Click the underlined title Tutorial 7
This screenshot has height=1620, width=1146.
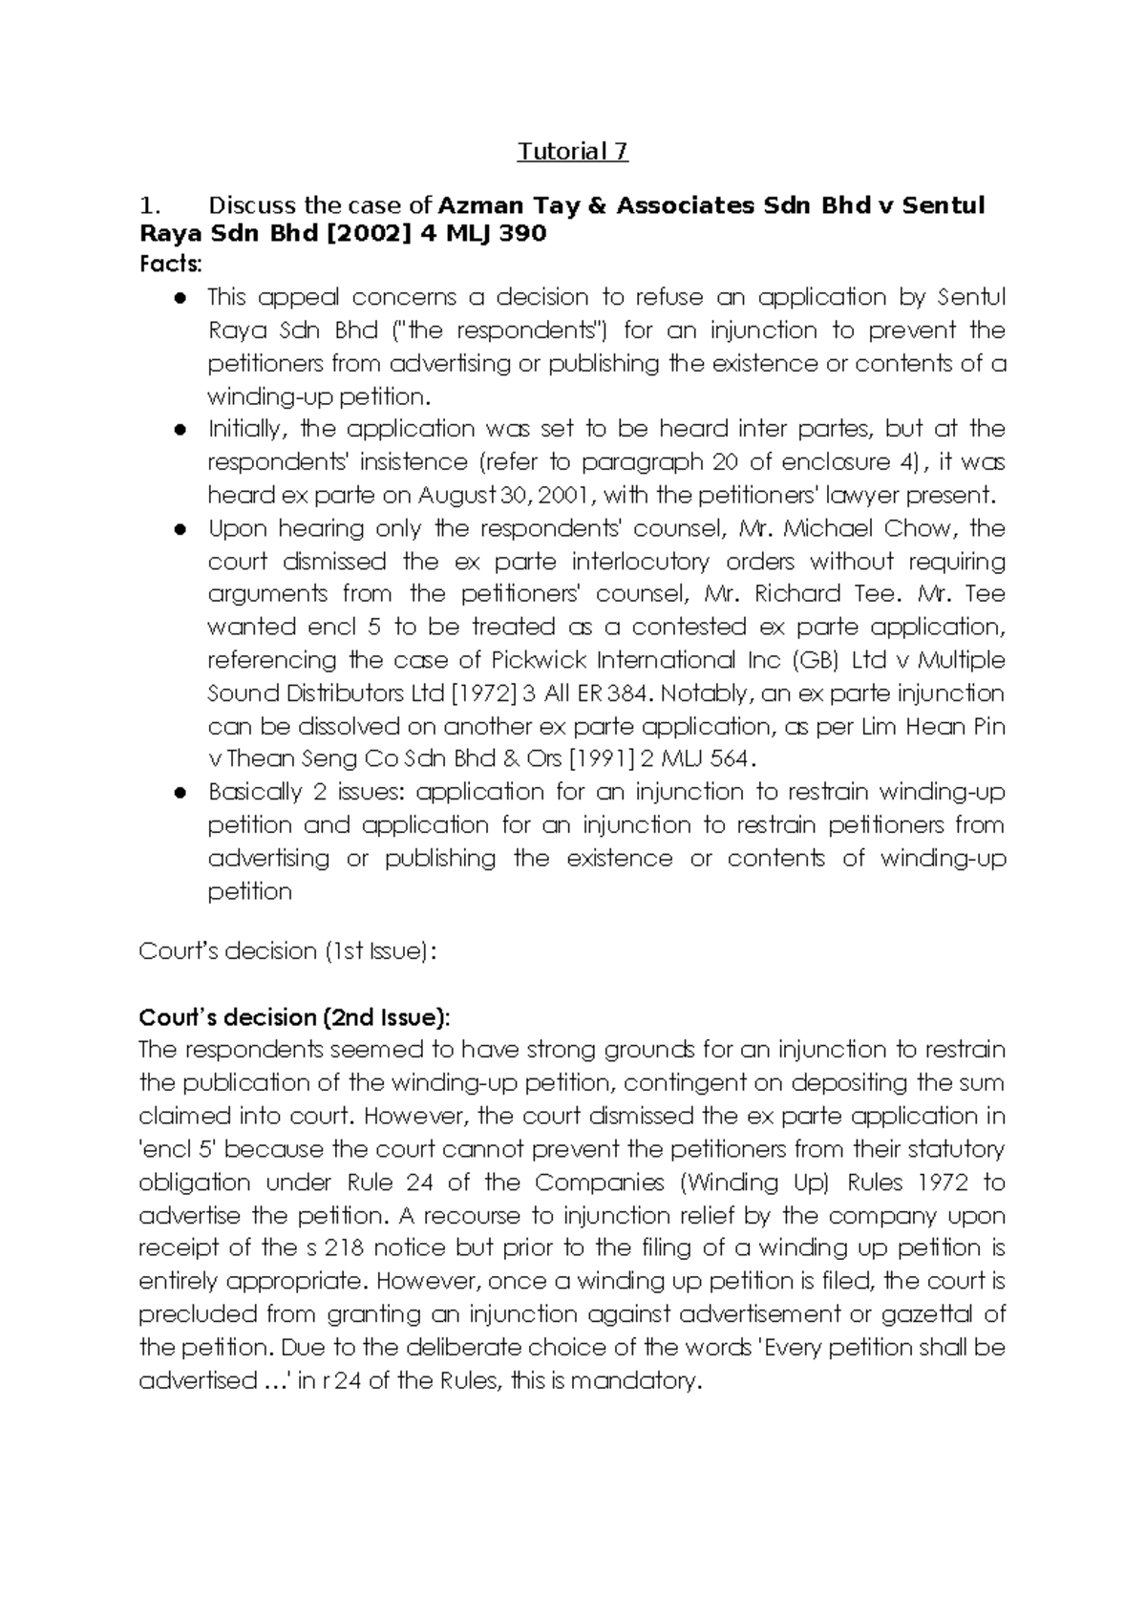click(573, 151)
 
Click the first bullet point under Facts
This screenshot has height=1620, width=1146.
click(179, 298)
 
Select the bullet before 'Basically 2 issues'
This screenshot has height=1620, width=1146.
click(179, 793)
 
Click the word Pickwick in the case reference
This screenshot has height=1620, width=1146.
click(531, 660)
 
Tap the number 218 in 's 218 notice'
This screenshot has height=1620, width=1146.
click(344, 1248)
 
